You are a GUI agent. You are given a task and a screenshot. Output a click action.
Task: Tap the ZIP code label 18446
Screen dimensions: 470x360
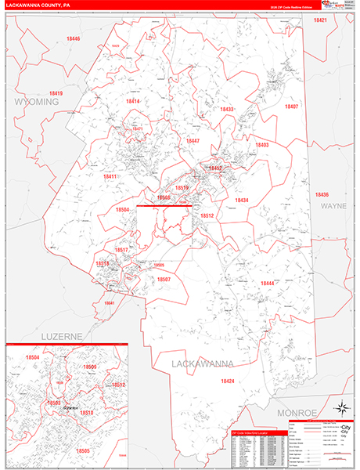tap(73, 38)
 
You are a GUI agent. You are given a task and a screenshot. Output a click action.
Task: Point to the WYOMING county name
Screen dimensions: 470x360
tap(35, 103)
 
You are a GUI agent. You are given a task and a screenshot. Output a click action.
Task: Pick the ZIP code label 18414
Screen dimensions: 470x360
tap(133, 101)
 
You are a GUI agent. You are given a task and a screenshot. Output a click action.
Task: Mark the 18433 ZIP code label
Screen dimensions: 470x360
tap(227, 109)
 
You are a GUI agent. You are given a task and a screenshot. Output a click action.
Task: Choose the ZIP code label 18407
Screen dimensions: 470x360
tap(291, 107)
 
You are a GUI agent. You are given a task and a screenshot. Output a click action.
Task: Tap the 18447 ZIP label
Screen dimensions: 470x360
tap(193, 141)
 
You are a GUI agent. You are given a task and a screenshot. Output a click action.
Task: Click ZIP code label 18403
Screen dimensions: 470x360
tap(262, 145)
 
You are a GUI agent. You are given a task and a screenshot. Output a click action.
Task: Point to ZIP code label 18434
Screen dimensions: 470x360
tap(241, 201)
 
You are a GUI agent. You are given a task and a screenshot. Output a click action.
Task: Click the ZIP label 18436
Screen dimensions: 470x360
tap(322, 194)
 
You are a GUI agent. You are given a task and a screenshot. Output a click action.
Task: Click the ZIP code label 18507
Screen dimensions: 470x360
tap(164, 279)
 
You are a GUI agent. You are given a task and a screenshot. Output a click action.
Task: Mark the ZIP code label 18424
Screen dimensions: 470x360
tap(227, 381)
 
